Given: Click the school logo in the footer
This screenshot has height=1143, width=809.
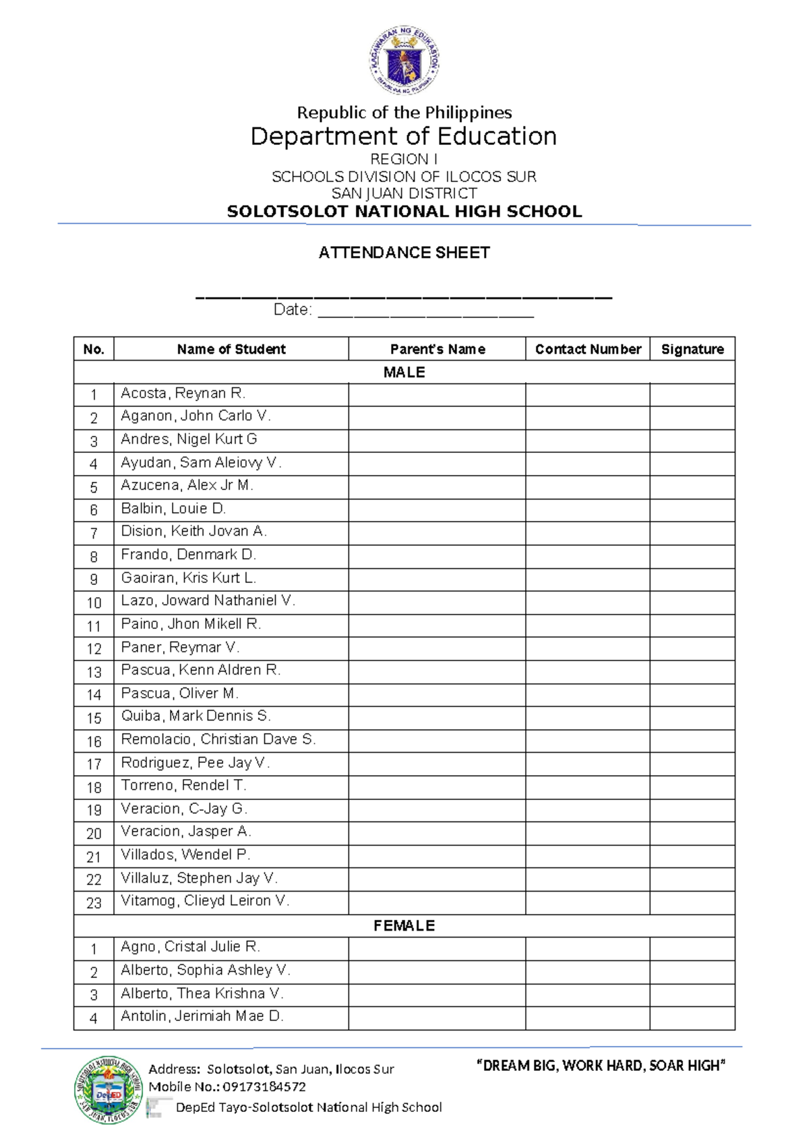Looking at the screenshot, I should pos(109,1090).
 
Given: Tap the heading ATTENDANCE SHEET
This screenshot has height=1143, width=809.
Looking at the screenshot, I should pos(404,253).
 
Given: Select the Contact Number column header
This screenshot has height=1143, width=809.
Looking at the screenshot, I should pos(587,349).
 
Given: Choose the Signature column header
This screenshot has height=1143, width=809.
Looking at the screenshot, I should pos(692,349).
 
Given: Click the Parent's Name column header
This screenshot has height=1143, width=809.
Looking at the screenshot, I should pos(437,349).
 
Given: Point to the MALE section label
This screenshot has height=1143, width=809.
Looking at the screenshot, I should pos(404,372).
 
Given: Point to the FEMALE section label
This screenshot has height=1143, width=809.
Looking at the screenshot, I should pos(404,925).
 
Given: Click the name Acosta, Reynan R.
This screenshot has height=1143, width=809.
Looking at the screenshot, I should pos(183,393).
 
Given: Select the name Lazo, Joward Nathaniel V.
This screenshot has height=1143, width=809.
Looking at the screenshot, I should pos(208,600).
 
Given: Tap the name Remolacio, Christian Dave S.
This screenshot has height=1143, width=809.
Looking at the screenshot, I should pos(218,739).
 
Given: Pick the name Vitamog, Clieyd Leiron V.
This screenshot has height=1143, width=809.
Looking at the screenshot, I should pos(204,901).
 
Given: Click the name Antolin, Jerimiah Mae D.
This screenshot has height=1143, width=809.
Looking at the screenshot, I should pos(202,1016).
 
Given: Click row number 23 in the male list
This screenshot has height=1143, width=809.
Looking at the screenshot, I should pos(94,903).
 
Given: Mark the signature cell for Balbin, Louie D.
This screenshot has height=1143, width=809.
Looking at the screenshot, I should pos(692,510).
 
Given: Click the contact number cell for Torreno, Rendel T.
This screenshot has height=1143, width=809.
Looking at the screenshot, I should pos(587,787).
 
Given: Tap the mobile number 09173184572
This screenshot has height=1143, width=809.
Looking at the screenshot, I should pos(264,1087).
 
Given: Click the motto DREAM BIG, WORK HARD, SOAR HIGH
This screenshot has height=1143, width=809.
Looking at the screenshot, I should pos(601,1065).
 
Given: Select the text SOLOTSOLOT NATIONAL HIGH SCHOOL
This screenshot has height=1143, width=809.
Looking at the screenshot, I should pos(404,212).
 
